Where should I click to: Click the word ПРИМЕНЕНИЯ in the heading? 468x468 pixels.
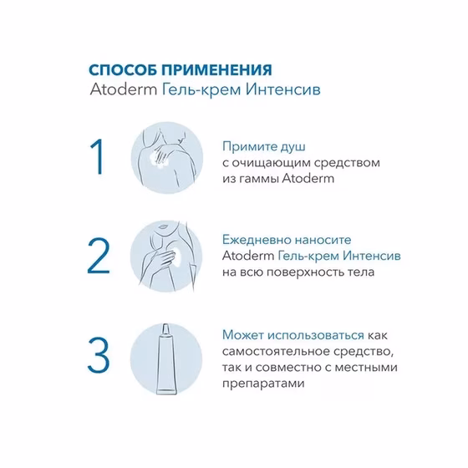217,70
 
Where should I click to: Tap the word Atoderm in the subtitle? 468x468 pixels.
124,89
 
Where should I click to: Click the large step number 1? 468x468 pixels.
97,156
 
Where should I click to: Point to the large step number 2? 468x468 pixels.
99,256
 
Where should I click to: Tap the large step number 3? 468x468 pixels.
99,354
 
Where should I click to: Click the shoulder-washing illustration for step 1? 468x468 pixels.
167,157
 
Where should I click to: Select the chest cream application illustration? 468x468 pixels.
166,256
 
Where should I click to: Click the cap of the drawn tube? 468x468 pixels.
166,329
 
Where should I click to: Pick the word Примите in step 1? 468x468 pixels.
249,147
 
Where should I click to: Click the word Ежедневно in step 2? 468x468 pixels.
257,240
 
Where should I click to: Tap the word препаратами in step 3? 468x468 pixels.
263,384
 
